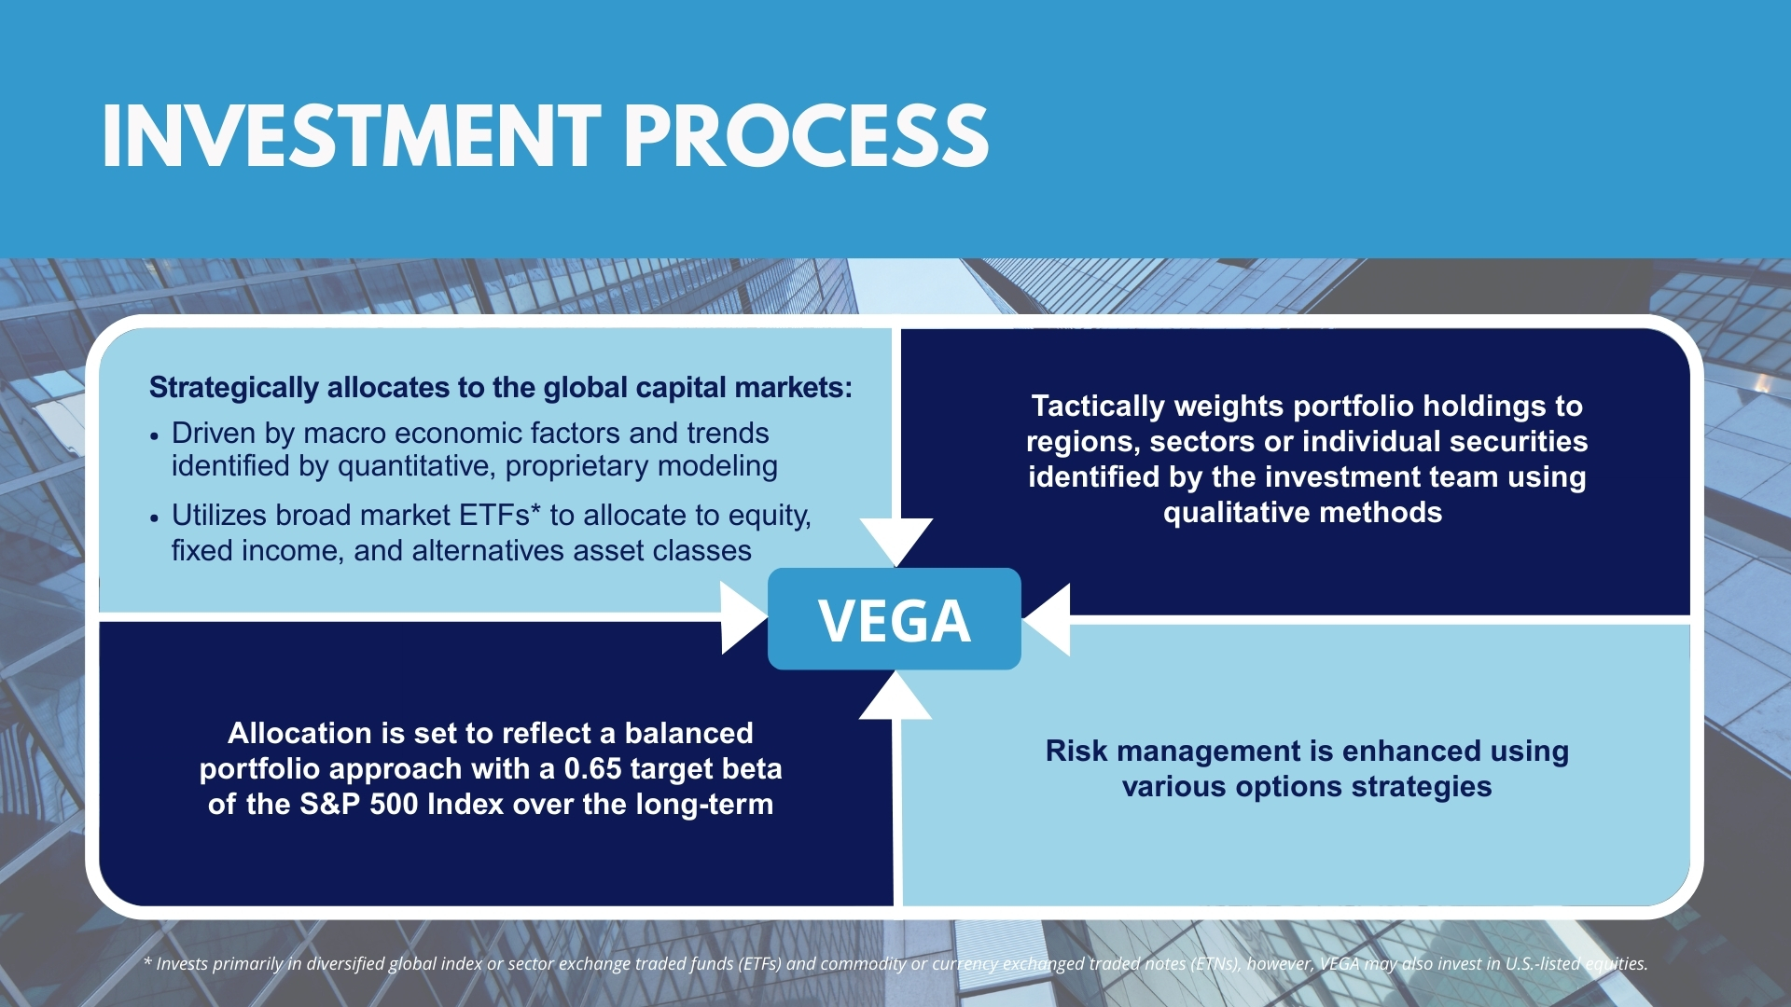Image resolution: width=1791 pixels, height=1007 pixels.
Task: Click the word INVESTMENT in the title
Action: [x=352, y=136]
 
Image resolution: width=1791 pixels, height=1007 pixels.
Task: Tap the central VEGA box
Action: [x=895, y=619]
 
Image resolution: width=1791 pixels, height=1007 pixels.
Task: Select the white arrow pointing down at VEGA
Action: [x=895, y=542]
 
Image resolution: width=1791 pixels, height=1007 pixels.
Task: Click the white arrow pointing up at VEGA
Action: [x=895, y=696]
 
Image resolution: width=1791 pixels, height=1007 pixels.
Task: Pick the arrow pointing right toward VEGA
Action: [x=744, y=617]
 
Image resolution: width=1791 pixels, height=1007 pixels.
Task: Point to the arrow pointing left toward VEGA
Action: [x=1046, y=619]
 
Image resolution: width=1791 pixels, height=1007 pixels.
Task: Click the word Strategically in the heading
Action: [x=234, y=388]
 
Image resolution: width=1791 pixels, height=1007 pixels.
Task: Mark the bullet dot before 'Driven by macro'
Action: [x=155, y=435]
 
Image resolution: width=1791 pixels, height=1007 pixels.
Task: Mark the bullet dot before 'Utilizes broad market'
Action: [x=155, y=518]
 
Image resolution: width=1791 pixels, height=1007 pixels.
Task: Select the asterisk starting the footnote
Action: [x=147, y=961]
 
